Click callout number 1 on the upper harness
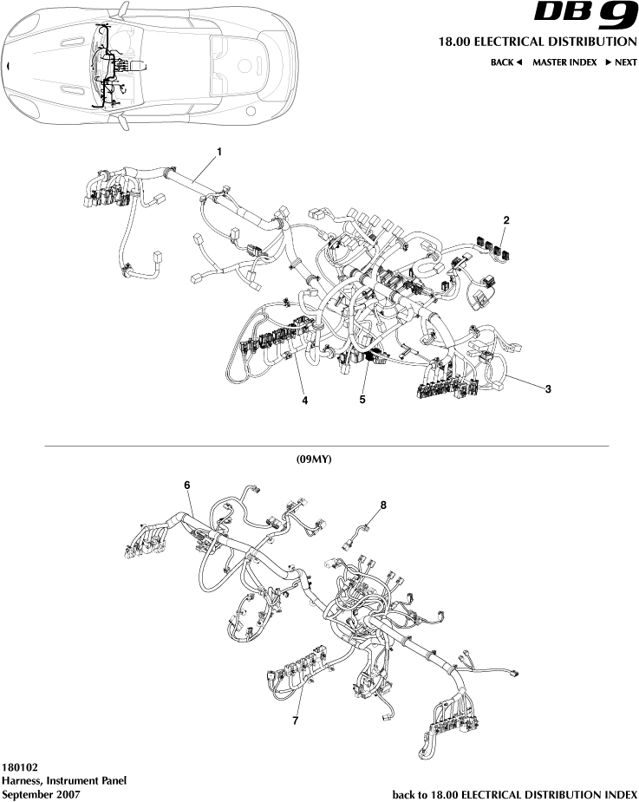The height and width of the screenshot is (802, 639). [219, 152]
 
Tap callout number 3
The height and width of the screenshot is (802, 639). [548, 389]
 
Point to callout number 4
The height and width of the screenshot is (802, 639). [304, 400]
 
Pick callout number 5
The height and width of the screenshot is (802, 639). [362, 400]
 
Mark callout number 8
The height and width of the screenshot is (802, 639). [382, 503]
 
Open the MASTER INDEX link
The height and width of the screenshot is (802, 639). [564, 62]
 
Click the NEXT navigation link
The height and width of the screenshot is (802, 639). [621, 62]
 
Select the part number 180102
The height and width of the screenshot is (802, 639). [20, 767]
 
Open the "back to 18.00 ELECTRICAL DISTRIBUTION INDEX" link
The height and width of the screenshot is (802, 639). [515, 794]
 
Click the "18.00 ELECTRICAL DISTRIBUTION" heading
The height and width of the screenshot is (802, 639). [538, 42]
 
